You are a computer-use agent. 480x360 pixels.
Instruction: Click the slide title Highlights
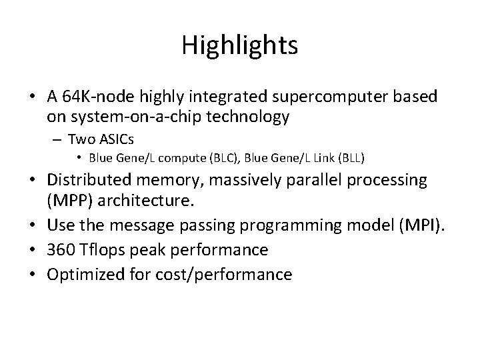click(x=239, y=45)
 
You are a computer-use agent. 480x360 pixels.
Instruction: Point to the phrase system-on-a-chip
click(x=115, y=117)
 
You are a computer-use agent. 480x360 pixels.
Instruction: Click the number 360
click(x=60, y=250)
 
